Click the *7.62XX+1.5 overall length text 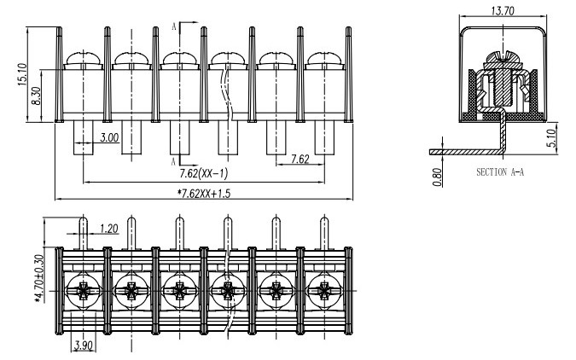pos(202,194)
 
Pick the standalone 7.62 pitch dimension pos(300,159)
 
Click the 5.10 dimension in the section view pos(552,137)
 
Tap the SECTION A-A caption pos(500,171)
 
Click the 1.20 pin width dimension pos(108,229)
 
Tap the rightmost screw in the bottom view pos(323,293)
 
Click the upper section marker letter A pos(174,26)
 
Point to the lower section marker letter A pos(174,160)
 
